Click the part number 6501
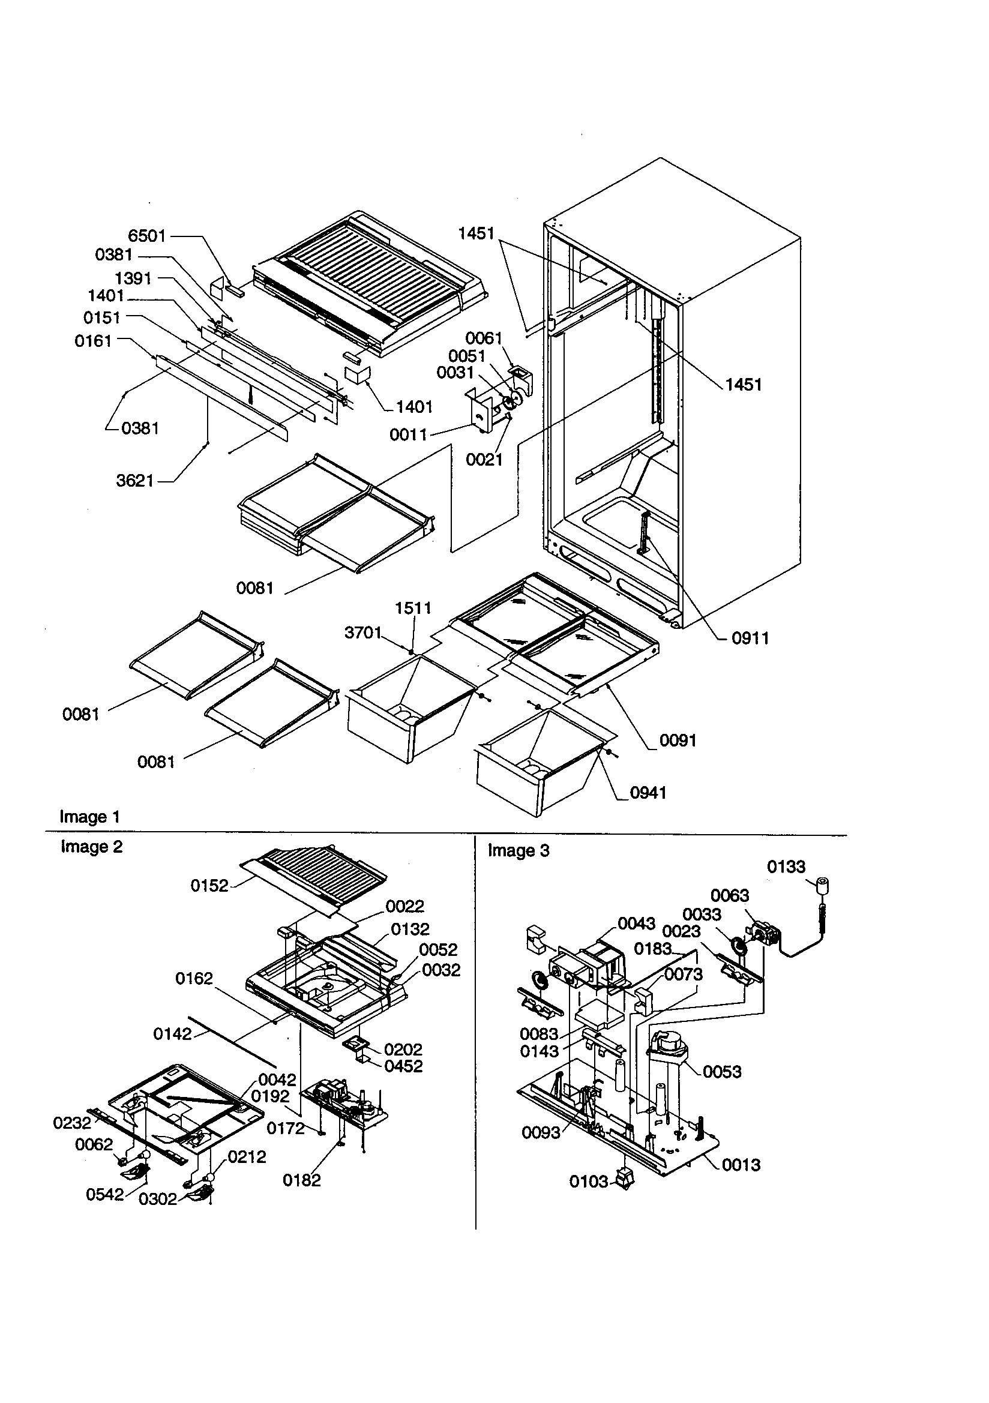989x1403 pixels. tap(146, 236)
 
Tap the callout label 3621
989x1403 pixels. tap(134, 481)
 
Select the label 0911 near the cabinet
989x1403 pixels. tap(750, 638)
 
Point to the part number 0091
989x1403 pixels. tap(678, 740)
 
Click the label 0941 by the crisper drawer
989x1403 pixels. tap(648, 793)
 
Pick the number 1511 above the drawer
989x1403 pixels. tap(413, 608)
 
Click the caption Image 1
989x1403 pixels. tap(89, 817)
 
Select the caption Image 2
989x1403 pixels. tap(92, 847)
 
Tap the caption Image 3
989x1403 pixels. tap(519, 850)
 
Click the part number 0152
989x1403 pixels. tap(209, 886)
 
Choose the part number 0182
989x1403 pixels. tap(301, 1180)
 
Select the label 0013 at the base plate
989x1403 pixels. tap(741, 1165)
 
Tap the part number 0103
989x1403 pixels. tap(589, 1182)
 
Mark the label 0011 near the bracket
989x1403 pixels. tap(407, 434)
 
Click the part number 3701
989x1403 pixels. tap(363, 632)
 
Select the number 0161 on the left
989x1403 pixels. tap(94, 341)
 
